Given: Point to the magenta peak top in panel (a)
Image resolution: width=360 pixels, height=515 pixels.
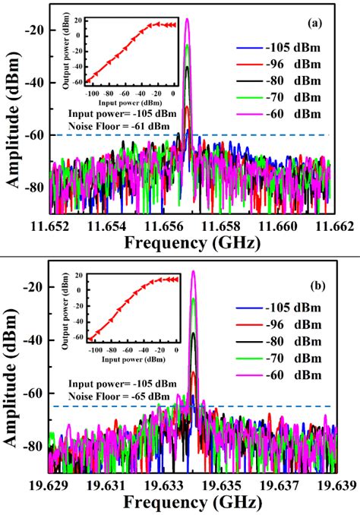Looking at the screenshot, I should pyautogui.click(x=187, y=20).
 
